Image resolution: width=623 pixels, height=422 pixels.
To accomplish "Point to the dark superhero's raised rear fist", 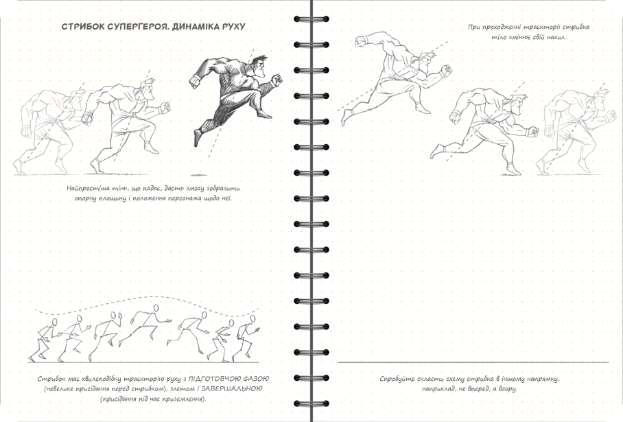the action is click(194, 82).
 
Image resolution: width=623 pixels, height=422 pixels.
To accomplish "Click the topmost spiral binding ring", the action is click(311, 19).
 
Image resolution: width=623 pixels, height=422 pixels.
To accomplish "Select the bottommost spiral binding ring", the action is click(311, 403).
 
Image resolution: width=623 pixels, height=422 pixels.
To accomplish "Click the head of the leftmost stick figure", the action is click(55, 322).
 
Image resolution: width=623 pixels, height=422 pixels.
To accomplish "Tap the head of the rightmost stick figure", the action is click(252, 319).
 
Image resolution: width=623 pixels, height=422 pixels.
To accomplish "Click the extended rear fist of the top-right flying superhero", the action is click(362, 41).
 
